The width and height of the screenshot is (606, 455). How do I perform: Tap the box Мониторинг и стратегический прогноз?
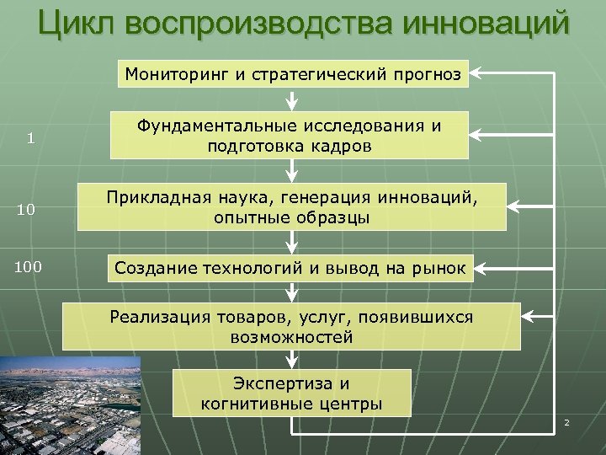(292, 74)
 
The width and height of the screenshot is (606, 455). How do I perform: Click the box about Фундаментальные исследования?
(290, 135)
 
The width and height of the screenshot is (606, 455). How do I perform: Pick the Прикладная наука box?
(292, 207)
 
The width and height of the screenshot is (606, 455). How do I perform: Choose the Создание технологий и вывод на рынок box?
(292, 269)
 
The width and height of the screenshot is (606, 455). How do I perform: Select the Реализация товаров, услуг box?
(291, 327)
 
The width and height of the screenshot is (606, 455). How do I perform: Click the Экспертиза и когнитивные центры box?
(291, 393)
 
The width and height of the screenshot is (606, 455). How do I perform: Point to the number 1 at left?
(30, 139)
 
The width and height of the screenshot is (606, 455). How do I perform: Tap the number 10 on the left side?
(26, 210)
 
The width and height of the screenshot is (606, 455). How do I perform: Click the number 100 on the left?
(28, 267)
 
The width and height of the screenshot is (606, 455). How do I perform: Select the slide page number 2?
(566, 422)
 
